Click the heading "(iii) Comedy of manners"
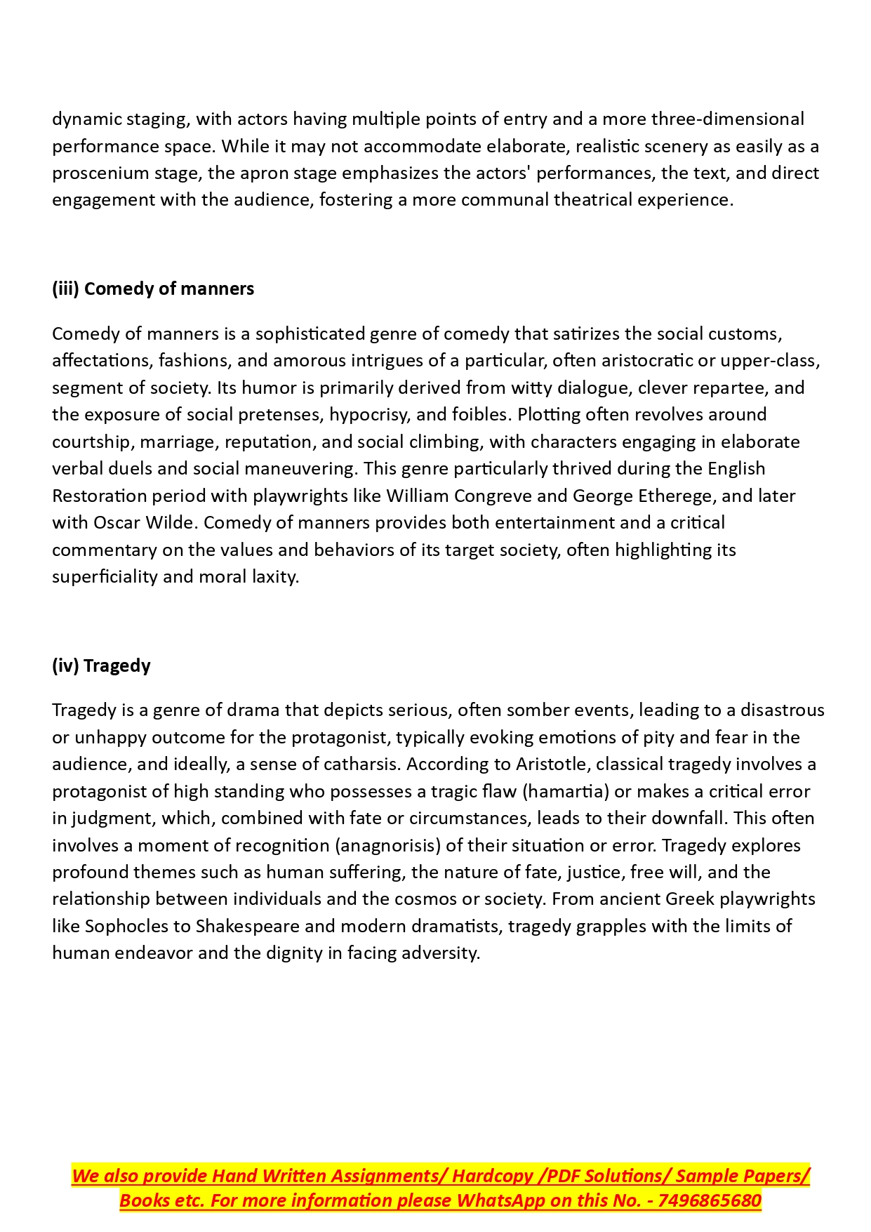pos(153,289)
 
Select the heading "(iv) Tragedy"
pos(101,665)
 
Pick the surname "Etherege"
pos(677,496)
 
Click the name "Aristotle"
pos(552,764)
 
